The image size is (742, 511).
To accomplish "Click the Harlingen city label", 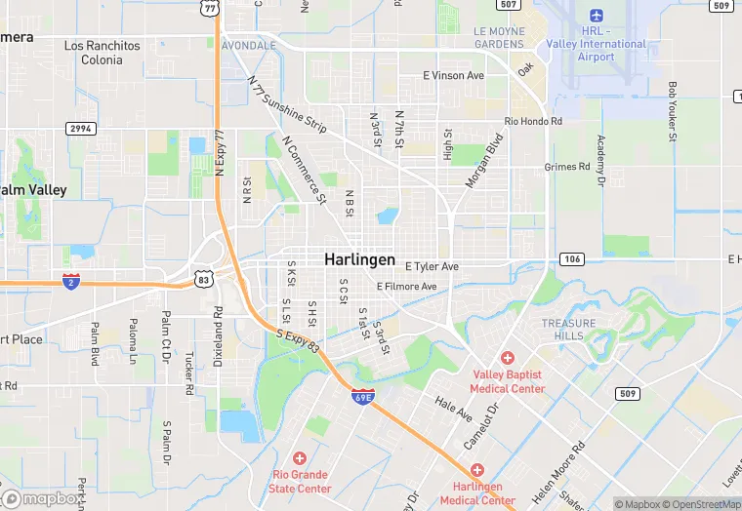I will [x=360, y=260].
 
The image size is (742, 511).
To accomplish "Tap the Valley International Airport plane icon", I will [x=596, y=17].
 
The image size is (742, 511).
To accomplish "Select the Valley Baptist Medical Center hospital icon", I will [x=507, y=359].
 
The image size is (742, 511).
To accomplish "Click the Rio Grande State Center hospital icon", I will [x=300, y=457].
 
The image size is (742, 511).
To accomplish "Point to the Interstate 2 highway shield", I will [x=70, y=281].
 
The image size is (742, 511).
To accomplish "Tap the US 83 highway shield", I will [x=203, y=279].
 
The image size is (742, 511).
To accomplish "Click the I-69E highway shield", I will [x=361, y=397].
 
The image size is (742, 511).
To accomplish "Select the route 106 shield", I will [x=571, y=258].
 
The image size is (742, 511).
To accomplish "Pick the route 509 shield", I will [x=627, y=393].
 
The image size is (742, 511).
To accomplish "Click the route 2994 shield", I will [x=80, y=129].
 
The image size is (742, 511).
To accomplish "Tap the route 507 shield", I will [x=507, y=5].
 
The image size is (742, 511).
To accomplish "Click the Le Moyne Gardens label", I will [x=499, y=37].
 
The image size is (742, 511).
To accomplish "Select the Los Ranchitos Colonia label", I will [x=102, y=53].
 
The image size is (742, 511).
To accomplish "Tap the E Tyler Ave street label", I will [x=432, y=266].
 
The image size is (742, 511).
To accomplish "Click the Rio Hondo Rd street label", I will [x=533, y=121].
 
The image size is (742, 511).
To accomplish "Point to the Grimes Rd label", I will [x=567, y=167].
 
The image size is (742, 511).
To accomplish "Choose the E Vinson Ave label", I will [x=453, y=75].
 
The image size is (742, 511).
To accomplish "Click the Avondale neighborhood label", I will [x=249, y=46].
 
